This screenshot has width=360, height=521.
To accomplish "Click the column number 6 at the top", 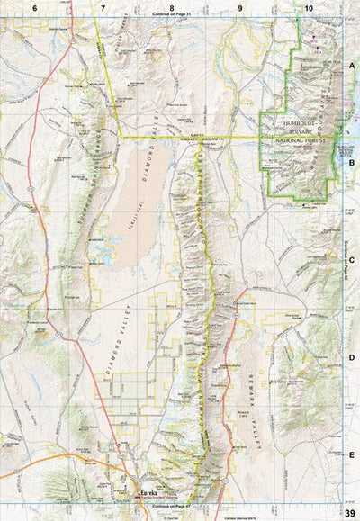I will coord(34,7).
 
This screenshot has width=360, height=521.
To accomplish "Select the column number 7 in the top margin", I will coord(103,7).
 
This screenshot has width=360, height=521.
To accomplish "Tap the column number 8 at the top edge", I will coord(172,7).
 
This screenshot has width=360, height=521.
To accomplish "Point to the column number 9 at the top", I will coord(240,7).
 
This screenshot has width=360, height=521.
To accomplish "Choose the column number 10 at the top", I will coord(309,7).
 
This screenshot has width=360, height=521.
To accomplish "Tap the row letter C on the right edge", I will coord(352,260).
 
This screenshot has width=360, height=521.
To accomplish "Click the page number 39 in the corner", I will coord(350,513).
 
